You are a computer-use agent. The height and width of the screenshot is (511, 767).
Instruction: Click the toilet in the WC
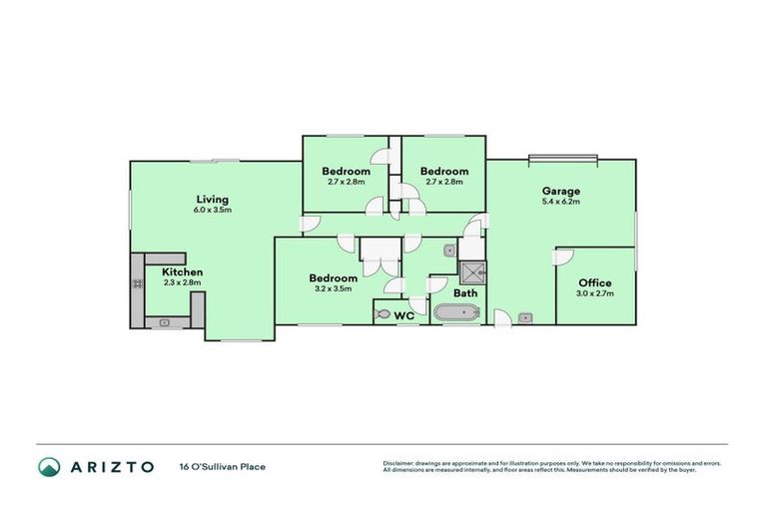click(x=384, y=313)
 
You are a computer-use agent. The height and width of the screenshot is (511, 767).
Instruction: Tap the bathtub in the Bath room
click(x=456, y=313)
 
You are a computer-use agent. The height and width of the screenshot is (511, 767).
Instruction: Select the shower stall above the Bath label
click(x=471, y=272)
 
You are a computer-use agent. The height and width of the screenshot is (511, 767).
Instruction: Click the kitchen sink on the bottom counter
click(x=165, y=321)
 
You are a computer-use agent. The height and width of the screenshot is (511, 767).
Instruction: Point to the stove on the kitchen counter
click(x=137, y=284)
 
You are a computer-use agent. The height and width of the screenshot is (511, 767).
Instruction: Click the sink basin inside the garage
click(x=525, y=318)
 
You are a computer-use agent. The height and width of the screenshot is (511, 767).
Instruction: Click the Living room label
click(x=213, y=199)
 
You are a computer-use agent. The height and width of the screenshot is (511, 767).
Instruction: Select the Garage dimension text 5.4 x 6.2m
click(x=560, y=202)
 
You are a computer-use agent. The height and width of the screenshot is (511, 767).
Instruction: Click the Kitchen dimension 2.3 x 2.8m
click(x=183, y=282)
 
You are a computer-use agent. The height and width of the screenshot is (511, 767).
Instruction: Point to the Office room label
click(x=594, y=282)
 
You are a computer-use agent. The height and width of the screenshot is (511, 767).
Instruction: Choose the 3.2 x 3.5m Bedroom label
click(x=333, y=288)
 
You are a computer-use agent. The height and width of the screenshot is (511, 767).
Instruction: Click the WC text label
click(x=404, y=315)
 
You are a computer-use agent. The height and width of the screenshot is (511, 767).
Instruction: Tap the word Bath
click(x=465, y=294)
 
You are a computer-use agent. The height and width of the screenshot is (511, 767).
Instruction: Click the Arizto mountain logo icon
click(x=49, y=466)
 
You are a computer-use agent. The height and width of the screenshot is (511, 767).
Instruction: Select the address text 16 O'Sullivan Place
click(x=223, y=466)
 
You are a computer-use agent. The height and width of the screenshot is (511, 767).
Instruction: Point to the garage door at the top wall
click(x=562, y=158)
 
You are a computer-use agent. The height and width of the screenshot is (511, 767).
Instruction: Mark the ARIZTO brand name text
click(x=112, y=466)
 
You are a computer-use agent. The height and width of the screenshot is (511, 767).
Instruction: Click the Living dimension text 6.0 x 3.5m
click(x=213, y=210)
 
